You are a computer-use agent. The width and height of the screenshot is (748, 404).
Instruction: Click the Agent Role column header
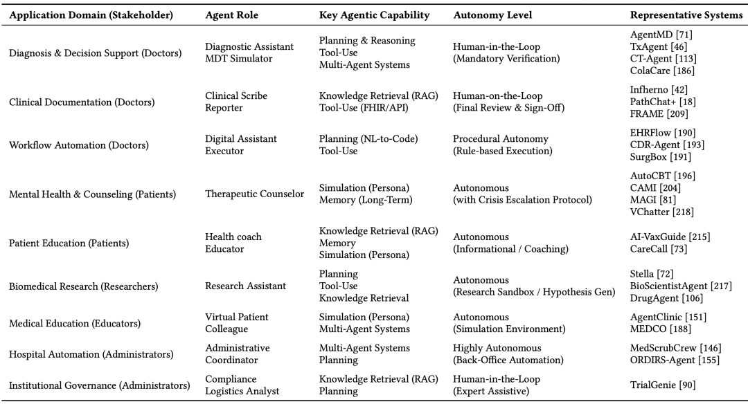(x=231, y=15)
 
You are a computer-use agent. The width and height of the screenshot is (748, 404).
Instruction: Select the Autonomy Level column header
(x=488, y=15)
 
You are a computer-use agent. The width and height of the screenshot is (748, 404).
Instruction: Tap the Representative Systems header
(x=686, y=15)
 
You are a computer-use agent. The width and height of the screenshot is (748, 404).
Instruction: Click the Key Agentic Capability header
(x=374, y=15)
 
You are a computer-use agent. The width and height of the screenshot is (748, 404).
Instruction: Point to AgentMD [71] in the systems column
(x=661, y=35)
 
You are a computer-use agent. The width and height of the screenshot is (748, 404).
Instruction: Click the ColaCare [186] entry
(x=662, y=71)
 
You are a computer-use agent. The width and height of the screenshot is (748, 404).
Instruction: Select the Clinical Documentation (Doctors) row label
(x=82, y=102)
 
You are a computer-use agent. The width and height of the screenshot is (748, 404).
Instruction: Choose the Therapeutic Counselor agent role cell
(x=254, y=194)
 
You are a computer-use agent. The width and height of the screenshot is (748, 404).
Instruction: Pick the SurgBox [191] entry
(x=660, y=157)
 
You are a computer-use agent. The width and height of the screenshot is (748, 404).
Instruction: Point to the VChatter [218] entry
(x=661, y=212)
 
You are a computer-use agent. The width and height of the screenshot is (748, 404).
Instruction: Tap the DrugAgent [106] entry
(x=666, y=298)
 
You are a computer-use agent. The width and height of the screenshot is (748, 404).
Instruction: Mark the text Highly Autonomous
(x=497, y=348)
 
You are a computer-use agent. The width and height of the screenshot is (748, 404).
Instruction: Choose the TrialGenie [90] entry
(x=663, y=385)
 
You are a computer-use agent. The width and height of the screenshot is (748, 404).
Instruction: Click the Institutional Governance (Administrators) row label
(x=99, y=385)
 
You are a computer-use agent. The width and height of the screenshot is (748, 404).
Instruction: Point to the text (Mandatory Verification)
(x=506, y=59)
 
